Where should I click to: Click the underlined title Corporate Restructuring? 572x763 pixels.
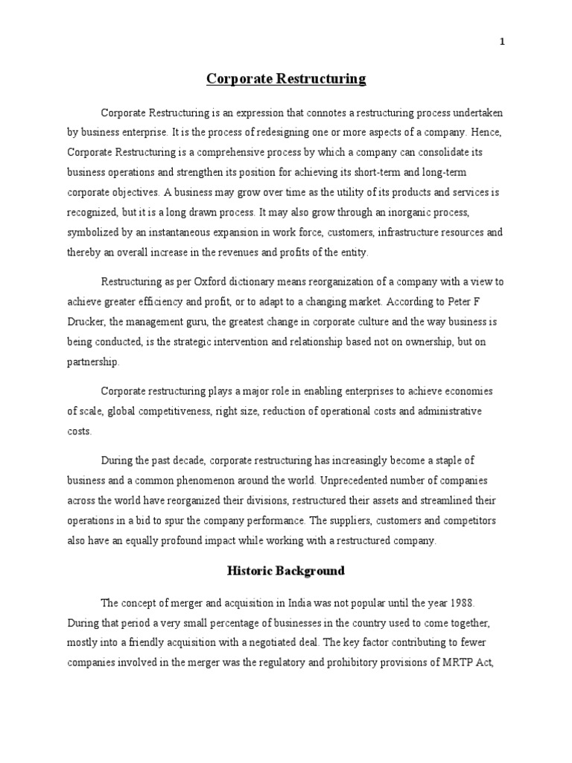[x=286, y=79]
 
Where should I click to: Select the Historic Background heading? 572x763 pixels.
[x=286, y=571]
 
